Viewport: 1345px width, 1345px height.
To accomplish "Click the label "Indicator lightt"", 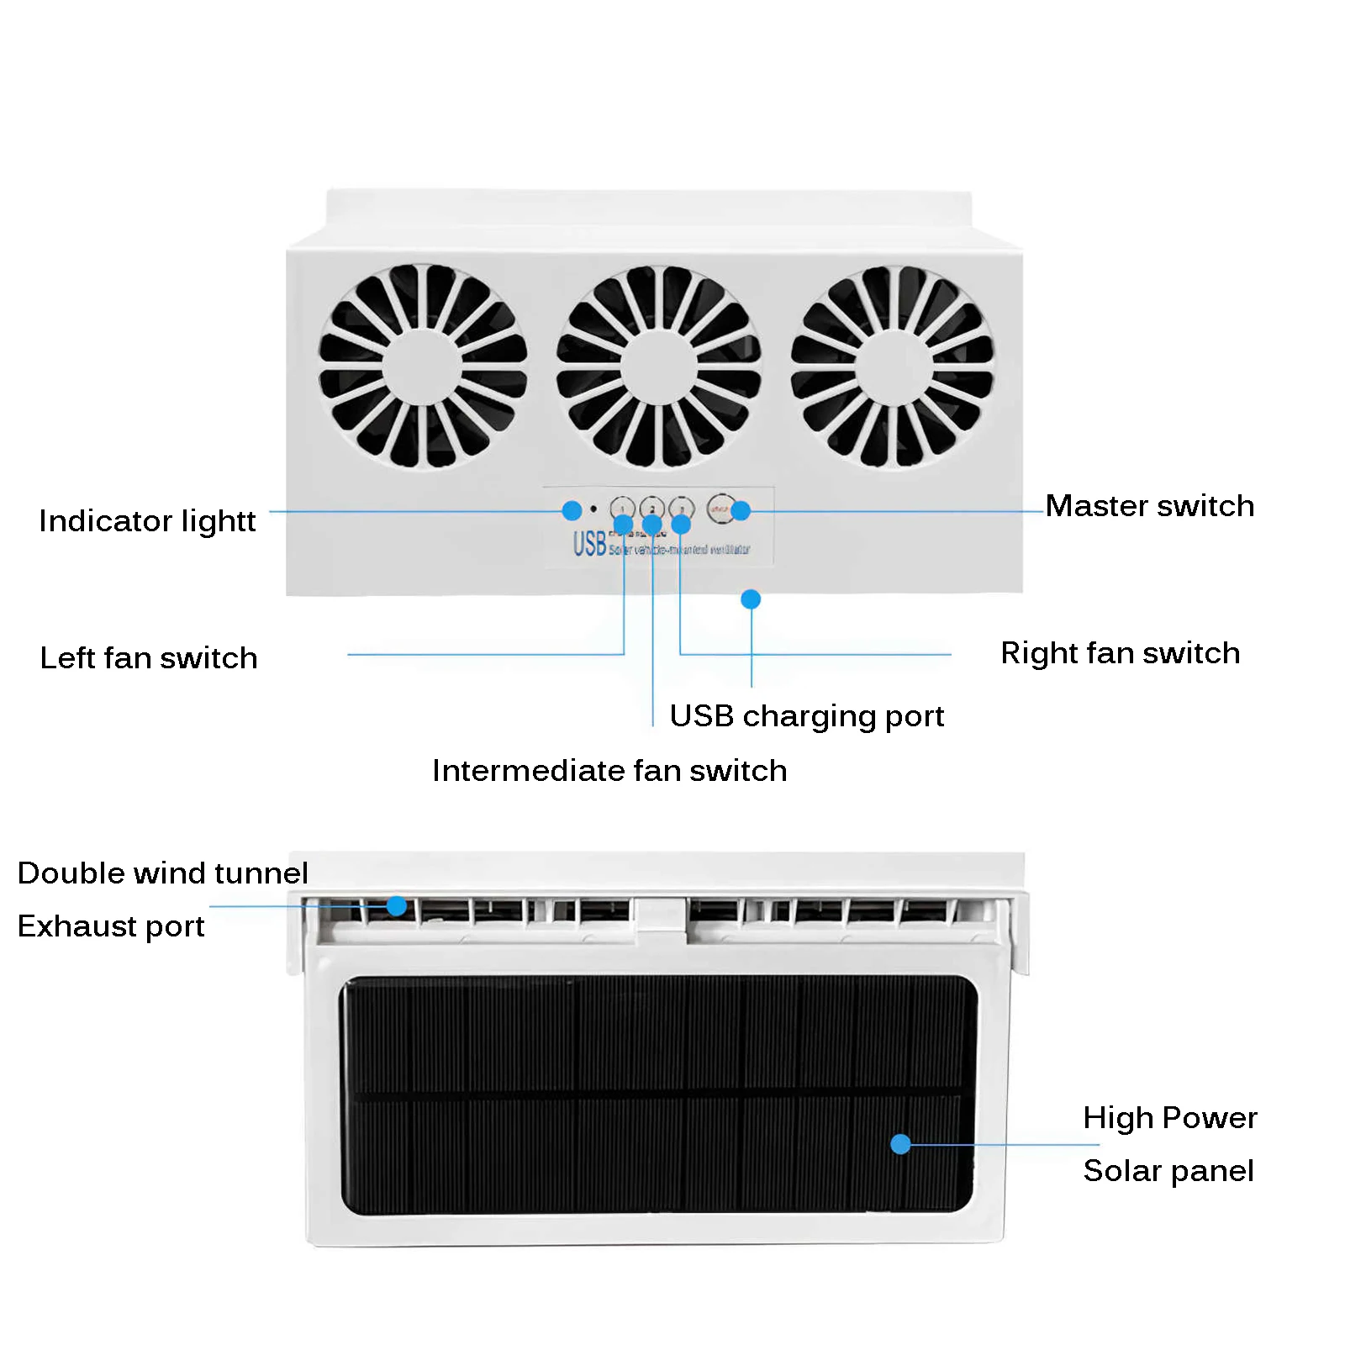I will (147, 521).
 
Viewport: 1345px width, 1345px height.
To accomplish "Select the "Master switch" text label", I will (1149, 506).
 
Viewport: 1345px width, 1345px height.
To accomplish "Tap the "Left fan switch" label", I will (149, 657).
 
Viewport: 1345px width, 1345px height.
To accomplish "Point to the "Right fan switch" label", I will (1120, 653).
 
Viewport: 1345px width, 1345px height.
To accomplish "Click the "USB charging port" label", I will (806, 716).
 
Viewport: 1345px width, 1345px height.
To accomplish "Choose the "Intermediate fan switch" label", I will (609, 771).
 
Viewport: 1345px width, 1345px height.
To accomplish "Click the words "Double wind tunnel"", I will (162, 873).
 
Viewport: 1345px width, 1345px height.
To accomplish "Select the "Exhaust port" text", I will (111, 926).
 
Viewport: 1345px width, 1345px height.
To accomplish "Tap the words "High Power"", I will (1169, 1118).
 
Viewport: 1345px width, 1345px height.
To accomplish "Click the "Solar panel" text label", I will (1168, 1171).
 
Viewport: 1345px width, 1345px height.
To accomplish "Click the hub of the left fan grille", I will (422, 367).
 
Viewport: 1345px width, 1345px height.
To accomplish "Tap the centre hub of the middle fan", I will (658, 367).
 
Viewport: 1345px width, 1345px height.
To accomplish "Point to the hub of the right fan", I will (892, 367).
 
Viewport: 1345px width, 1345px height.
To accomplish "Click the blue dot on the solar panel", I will (900, 1144).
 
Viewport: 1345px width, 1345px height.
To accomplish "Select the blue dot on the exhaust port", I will (397, 906).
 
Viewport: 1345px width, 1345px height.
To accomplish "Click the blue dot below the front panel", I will (751, 599).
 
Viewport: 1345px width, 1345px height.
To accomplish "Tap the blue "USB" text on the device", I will (589, 545).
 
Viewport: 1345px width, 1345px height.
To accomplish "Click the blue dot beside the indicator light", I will (572, 510).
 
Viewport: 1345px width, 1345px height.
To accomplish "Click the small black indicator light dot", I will (593, 509).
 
